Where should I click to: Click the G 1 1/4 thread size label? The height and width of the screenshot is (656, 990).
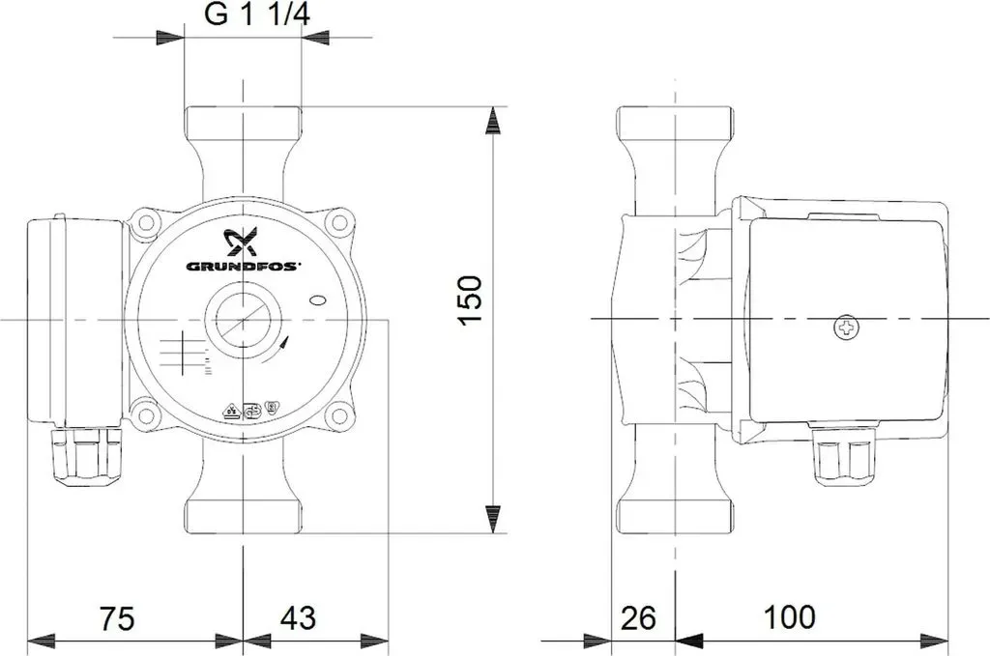pyautogui.click(x=257, y=15)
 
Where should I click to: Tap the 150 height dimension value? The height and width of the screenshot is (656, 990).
pyautogui.click(x=471, y=299)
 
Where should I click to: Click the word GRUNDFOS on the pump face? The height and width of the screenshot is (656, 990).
pyautogui.click(x=243, y=267)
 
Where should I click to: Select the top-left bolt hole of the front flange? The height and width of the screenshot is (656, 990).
pyautogui.click(x=147, y=222)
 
